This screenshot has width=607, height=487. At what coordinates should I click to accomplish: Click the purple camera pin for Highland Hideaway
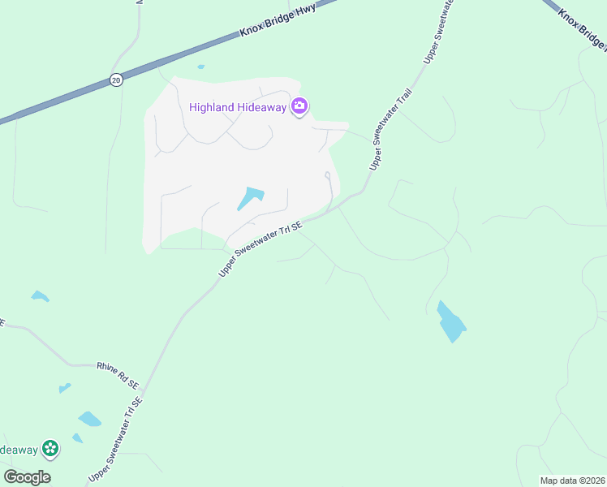coord(300,106)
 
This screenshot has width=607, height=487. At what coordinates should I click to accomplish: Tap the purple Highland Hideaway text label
coord(239,107)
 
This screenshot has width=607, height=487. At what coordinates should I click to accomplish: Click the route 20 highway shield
coord(116,80)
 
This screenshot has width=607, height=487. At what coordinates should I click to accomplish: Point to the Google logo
coord(27,477)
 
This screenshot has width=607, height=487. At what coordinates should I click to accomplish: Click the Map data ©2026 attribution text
coord(572,480)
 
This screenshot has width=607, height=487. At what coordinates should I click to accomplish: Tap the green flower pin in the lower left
coord(50,447)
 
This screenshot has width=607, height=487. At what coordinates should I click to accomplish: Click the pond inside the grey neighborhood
coord(251,198)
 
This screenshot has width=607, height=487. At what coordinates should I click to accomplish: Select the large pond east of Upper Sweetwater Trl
coord(451,321)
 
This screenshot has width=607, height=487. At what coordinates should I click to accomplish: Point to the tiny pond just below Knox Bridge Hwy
coord(200,67)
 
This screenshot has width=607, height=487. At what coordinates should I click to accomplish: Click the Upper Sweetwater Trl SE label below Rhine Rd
coord(115,438)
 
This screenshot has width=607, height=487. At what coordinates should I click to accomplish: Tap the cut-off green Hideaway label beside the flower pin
coord(18,449)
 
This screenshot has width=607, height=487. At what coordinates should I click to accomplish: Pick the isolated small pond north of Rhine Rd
coord(40,296)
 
